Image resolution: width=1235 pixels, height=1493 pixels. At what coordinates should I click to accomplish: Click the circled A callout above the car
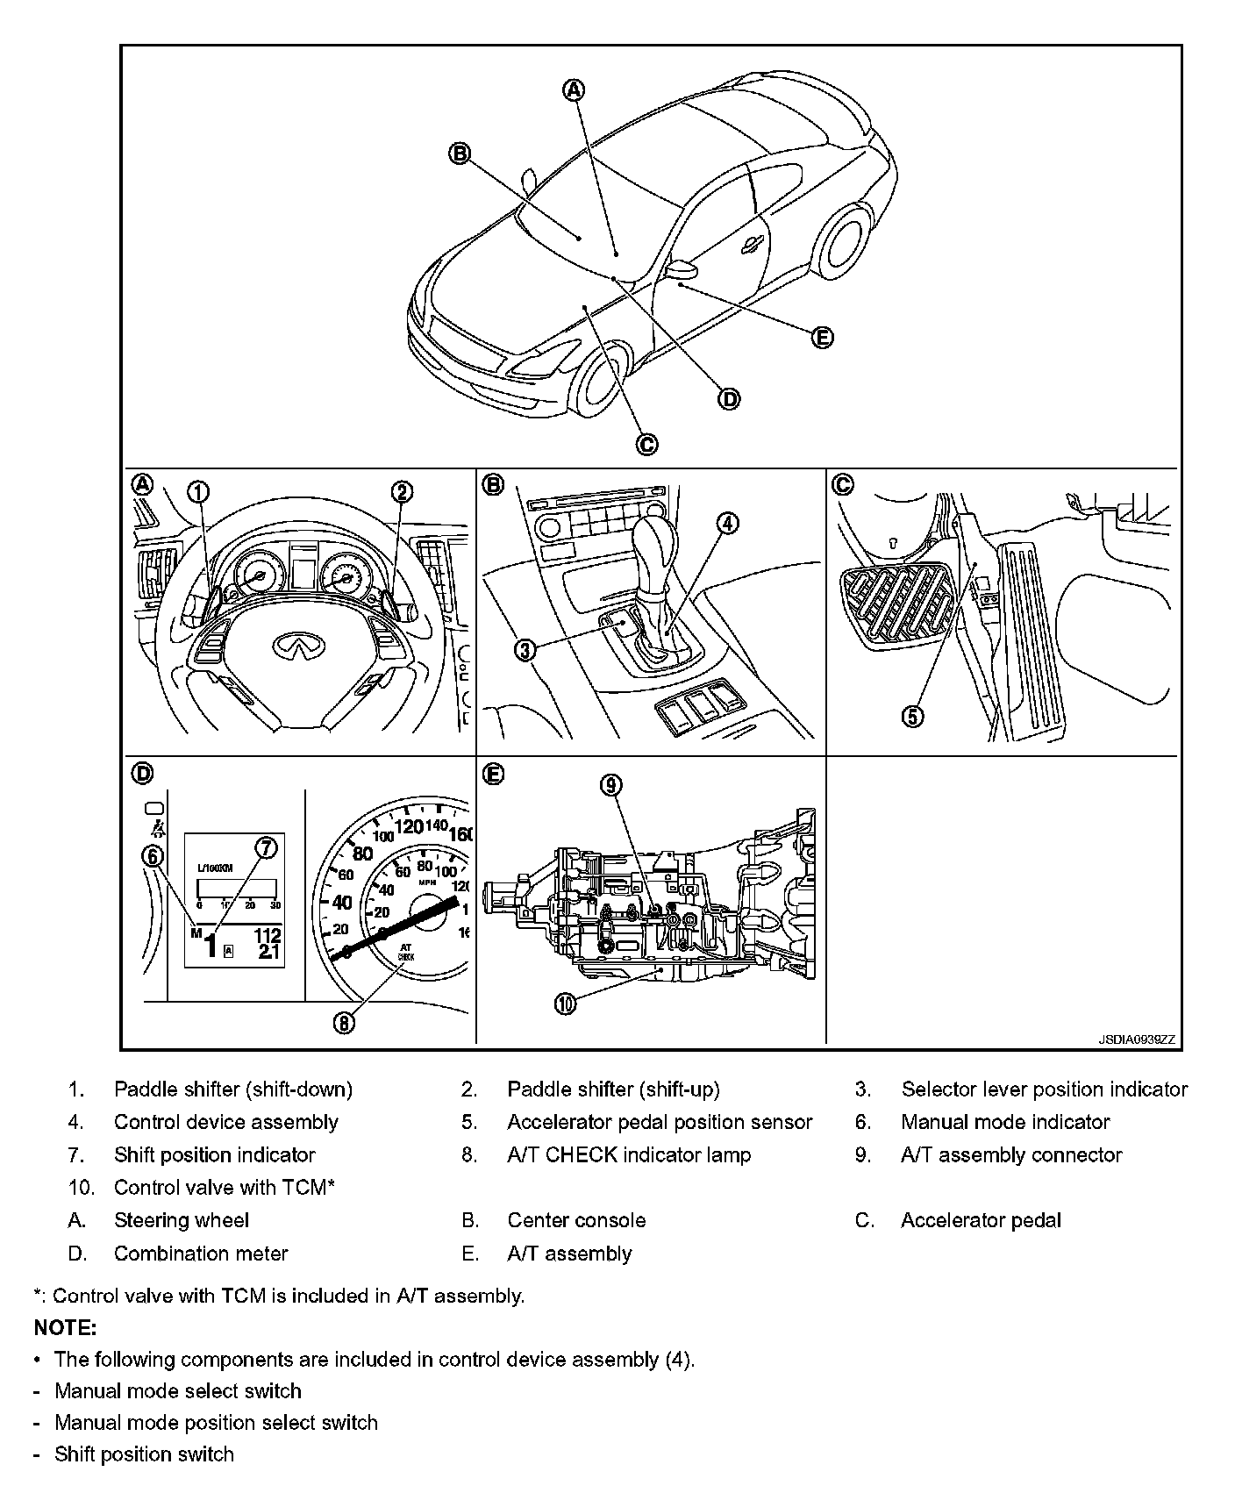[573, 89]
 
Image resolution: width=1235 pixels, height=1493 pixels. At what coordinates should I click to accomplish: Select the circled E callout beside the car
[821, 338]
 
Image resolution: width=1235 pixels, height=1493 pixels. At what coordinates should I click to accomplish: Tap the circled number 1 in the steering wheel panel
[199, 492]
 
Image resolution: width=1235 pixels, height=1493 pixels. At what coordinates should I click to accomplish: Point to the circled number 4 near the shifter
[727, 524]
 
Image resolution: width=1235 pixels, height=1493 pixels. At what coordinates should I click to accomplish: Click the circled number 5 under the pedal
[913, 717]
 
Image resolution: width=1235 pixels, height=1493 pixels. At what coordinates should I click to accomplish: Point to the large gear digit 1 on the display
[211, 946]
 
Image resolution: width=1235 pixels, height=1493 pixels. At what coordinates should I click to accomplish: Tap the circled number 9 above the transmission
[611, 785]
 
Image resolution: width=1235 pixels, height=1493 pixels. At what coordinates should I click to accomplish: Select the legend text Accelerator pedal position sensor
[659, 1122]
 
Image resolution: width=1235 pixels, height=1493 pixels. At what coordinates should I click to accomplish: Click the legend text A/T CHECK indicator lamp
[629, 1155]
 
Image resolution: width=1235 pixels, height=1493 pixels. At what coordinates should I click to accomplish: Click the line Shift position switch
[144, 1454]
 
